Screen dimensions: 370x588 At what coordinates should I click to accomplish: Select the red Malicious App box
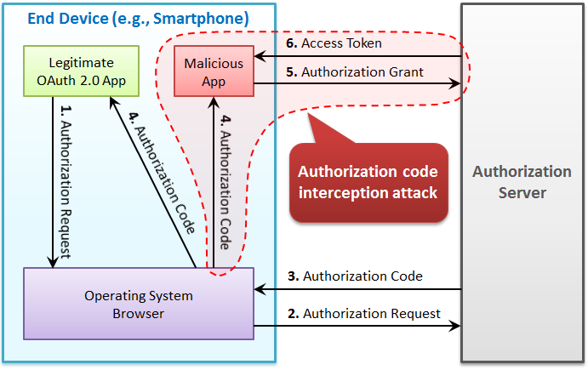tap(214, 71)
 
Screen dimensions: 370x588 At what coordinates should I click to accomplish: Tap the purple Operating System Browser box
tap(139, 305)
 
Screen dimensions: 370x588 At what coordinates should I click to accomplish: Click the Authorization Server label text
tap(522, 182)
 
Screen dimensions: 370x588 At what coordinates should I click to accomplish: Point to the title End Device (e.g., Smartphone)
tap(138, 18)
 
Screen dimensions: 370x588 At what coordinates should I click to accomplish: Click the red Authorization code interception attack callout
tap(368, 182)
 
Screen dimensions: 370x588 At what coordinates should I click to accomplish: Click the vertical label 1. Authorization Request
tap(66, 181)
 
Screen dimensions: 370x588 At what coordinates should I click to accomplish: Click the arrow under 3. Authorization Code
tap(357, 290)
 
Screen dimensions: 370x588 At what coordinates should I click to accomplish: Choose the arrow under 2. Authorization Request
tap(357, 326)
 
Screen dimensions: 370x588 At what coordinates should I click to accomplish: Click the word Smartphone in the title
tap(209, 18)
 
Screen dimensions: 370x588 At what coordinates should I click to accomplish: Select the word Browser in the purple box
tap(139, 313)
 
